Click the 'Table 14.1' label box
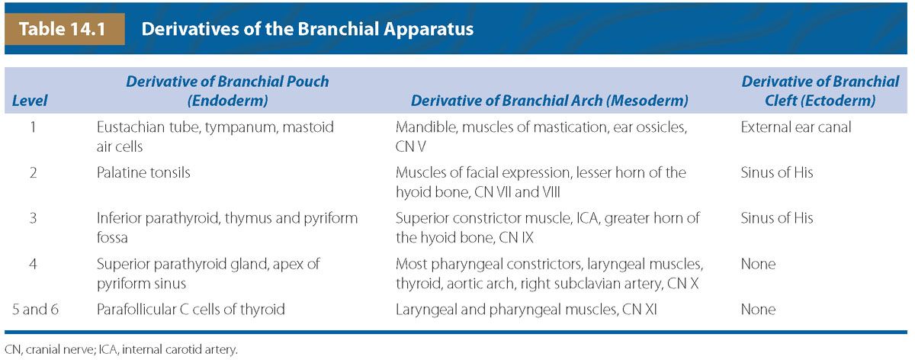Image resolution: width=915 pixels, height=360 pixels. point(65,29)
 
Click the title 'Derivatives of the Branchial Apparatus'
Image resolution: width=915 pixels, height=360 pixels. point(307,29)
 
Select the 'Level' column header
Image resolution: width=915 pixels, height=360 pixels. point(30,101)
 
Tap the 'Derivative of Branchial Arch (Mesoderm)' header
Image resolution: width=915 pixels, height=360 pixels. point(550,101)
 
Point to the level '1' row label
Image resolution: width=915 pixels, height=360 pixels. point(33,127)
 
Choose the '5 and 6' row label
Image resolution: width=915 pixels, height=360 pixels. point(35,310)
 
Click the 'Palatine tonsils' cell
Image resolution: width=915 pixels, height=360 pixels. point(143,172)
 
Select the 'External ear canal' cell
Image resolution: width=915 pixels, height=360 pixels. point(796,127)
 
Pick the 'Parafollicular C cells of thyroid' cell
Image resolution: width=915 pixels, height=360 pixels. point(191,310)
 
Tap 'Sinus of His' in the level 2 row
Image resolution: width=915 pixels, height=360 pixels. point(777,172)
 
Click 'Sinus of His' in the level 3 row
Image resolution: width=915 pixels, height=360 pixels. point(777,218)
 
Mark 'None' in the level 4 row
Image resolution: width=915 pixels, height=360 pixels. point(758,264)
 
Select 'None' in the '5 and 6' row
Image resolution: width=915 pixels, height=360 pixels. point(758,310)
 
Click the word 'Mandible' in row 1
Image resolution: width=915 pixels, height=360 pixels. point(426,127)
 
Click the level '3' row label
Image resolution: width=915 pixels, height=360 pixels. point(33,218)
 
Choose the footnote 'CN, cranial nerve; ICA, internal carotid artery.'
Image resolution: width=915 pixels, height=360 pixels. point(121,349)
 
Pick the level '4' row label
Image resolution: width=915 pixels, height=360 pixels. point(33,264)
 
